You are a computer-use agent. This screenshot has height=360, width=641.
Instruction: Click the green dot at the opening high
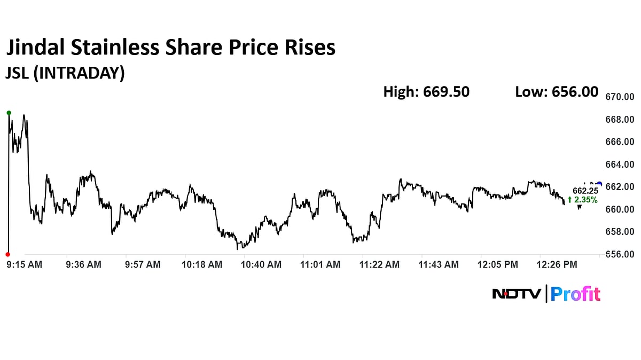pos(9,113)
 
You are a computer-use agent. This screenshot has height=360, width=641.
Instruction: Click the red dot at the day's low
pos(7,254)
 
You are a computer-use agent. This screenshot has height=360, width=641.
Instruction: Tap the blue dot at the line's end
pos(599,184)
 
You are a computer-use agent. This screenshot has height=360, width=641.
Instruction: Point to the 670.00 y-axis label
pos(619,97)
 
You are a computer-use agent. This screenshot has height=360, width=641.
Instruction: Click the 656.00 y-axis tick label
pos(619,255)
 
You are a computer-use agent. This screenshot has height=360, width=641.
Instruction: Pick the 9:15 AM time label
pos(24,264)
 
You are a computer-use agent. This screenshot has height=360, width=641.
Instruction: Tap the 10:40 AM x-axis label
pos(261,264)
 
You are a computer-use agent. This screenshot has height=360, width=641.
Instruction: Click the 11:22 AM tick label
pos(380,264)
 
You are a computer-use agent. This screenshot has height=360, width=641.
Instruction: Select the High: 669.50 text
pos(426,92)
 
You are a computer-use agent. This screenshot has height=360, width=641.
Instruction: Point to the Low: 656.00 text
pos(557,92)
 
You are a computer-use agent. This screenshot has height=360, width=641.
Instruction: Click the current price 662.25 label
pos(585,191)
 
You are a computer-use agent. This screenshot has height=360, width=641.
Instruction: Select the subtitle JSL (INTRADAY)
pos(65,73)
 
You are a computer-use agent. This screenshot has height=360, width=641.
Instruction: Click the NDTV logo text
pos(517,294)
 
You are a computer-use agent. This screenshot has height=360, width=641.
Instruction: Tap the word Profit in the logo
pos(575,294)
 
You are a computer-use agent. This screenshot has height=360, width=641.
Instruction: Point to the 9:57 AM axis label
pos(143,264)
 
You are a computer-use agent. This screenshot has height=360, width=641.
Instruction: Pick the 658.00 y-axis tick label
pos(619,232)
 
